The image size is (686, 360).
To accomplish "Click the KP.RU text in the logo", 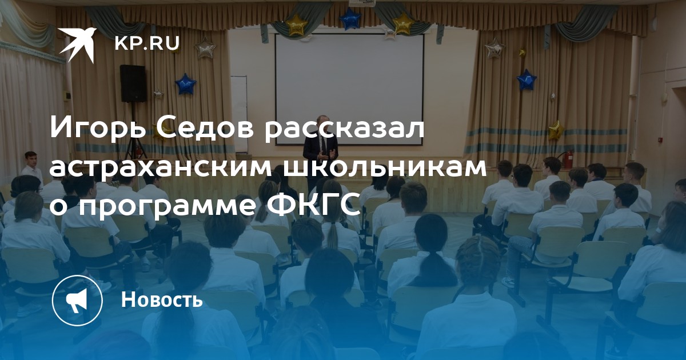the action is point(147,43).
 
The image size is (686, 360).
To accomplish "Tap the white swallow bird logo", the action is point(78,44).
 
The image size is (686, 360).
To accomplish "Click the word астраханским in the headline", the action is point(161,168).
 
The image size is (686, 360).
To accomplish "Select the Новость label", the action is point(162,299).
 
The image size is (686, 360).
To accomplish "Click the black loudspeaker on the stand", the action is point(133,83).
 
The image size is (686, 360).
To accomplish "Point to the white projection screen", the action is point(349,89).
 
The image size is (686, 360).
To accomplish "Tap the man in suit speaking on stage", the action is point(320,154).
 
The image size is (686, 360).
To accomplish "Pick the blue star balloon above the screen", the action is point(350,18).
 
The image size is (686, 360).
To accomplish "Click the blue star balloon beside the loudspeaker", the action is point(185,83).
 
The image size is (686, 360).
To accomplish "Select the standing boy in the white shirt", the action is point(31,167).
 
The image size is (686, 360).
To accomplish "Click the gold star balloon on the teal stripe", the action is point(556,130).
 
